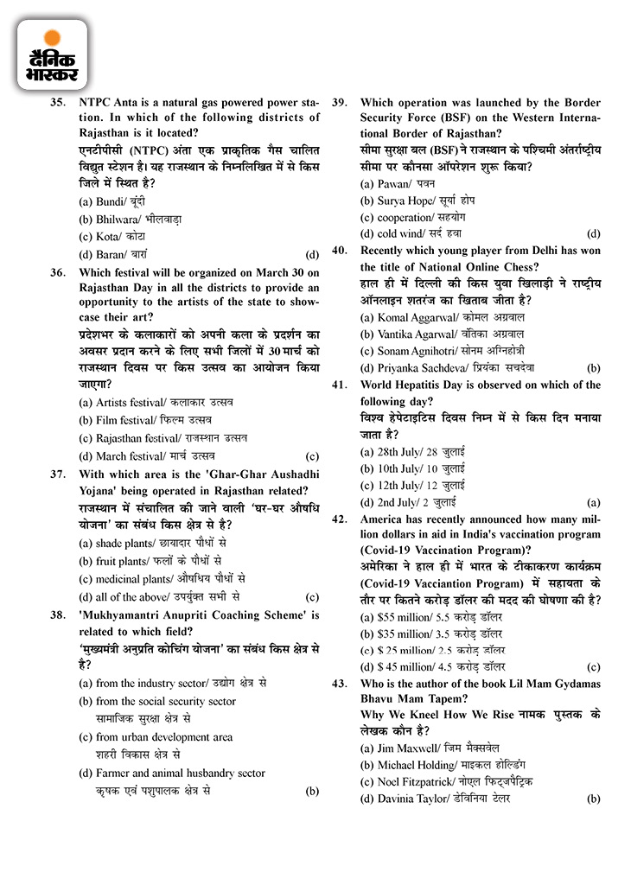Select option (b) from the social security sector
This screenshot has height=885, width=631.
pyautogui.click(x=165, y=701)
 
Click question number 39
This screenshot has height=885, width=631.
pyautogui.click(x=340, y=101)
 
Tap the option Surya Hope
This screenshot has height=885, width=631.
pyautogui.click(x=414, y=201)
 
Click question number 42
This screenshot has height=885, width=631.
pyautogui.click(x=340, y=519)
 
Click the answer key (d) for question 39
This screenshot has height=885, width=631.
pyautogui.click(x=593, y=233)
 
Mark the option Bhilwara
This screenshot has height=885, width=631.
pyautogui.click(x=130, y=219)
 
